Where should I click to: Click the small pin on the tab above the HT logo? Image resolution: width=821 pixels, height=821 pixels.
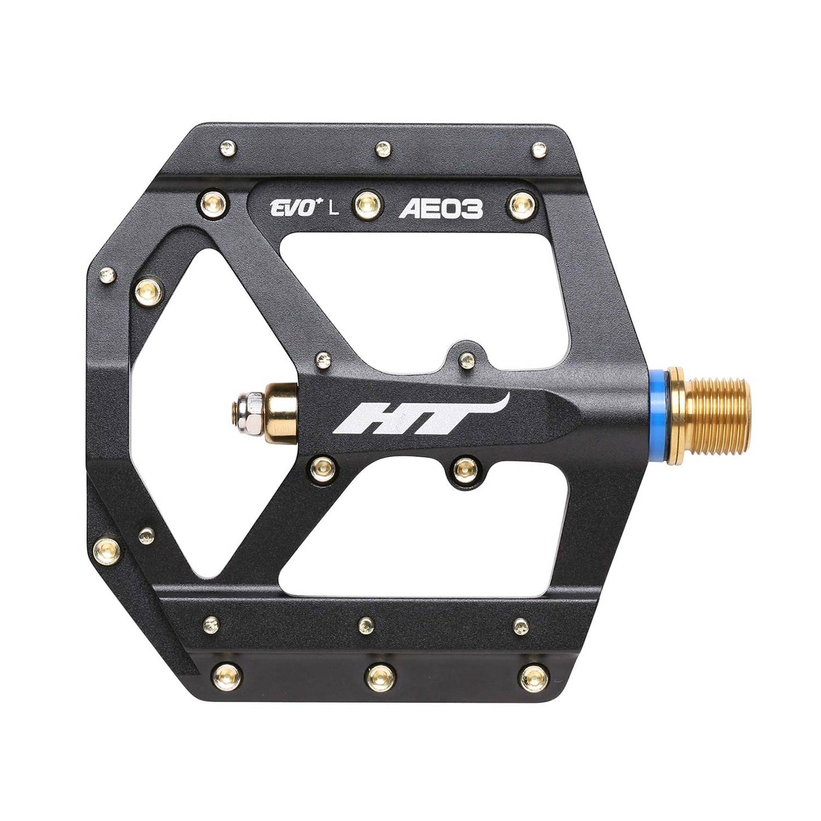click(x=467, y=358)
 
